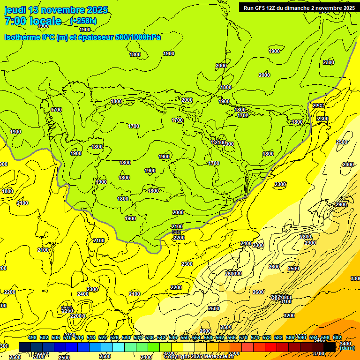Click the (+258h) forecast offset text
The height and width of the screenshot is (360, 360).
coord(83,21)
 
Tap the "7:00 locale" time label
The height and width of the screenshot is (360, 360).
coord(33,21)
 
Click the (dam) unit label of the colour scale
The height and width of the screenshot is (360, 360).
coord(347,348)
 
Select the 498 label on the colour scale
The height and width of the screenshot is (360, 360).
coord(32,338)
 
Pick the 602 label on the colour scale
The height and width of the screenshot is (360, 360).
coord(337,338)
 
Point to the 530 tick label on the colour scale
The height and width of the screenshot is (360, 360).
coord(126,338)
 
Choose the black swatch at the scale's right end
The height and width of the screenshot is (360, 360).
coord(330,347)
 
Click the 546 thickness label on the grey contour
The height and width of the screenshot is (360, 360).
coord(176,232)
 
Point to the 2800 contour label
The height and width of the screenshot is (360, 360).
coord(306,237)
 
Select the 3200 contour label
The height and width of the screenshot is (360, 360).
coord(289,315)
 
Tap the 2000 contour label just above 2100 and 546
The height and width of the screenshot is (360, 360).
coord(178,212)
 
